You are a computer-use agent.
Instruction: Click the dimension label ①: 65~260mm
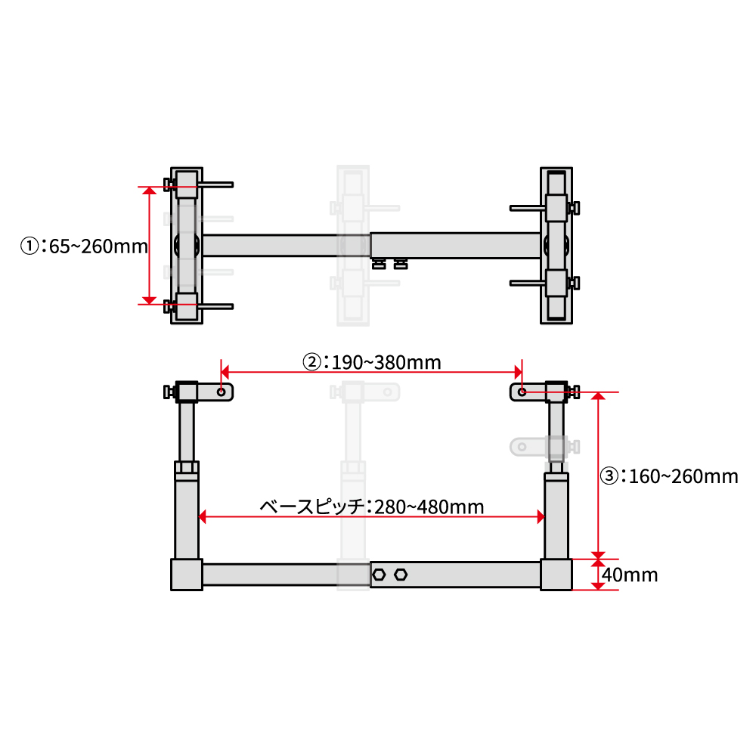pyautogui.click(x=84, y=246)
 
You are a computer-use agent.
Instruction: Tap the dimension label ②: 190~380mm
pyautogui.click(x=371, y=363)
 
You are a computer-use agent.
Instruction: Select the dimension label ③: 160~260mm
pyautogui.click(x=669, y=476)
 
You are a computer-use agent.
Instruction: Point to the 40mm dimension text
pyautogui.click(x=630, y=575)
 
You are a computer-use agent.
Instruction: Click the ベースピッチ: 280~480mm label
pyautogui.click(x=372, y=507)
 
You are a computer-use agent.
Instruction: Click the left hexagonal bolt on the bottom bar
pyautogui.click(x=379, y=575)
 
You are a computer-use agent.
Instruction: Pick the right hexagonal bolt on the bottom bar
pyautogui.click(x=401, y=575)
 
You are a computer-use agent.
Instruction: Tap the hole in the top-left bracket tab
pyautogui.click(x=222, y=392)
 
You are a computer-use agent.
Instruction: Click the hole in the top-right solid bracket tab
pyautogui.click(x=522, y=392)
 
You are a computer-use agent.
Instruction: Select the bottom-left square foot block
pyautogui.click(x=187, y=575)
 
